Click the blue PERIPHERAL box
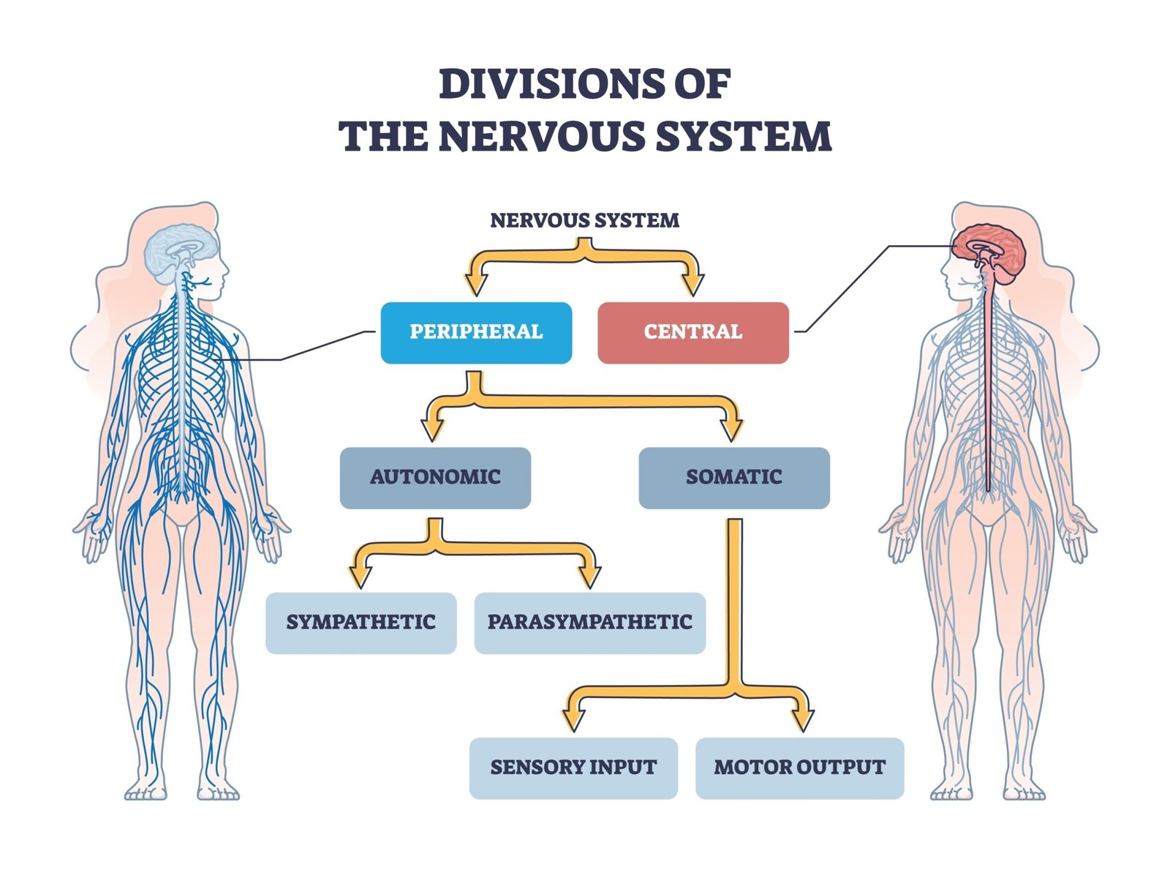[476, 332]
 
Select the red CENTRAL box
[692, 332]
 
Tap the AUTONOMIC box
[435, 477]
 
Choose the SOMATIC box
[733, 477]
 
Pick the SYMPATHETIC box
[361, 623]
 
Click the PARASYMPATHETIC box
[589, 623]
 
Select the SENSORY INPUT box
[573, 768]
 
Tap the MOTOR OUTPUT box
[799, 768]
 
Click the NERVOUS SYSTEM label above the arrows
[584, 220]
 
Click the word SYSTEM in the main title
[743, 137]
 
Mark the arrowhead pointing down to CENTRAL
[692, 285]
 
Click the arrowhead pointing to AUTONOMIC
[433, 429]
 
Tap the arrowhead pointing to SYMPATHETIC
[361, 577]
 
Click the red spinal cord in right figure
[988, 380]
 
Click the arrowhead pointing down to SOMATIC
[732, 429]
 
